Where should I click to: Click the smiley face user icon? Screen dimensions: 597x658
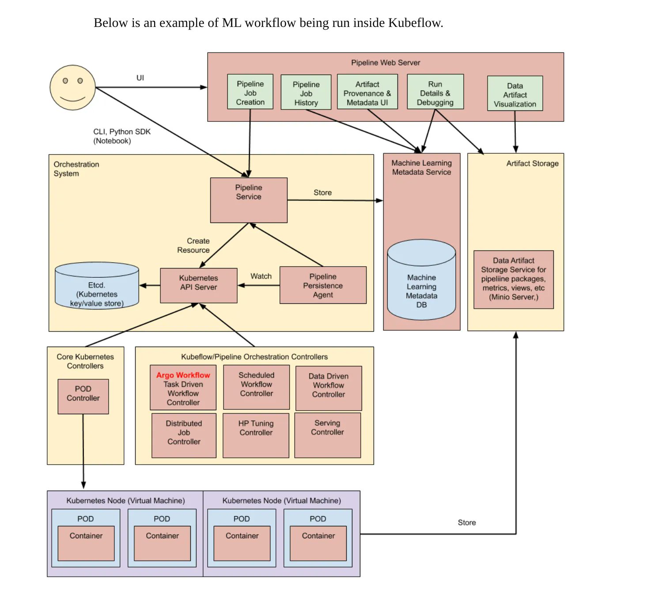72,87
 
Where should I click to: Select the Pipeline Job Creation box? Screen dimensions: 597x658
250,92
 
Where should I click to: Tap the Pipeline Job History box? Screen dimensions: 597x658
306,93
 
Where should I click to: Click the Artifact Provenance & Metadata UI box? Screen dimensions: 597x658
367,92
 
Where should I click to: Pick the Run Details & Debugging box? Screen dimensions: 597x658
435,92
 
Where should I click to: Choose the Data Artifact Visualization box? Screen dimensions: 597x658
514,94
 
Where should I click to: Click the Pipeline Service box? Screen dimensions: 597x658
249,200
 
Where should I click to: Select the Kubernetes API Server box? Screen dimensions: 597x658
198,285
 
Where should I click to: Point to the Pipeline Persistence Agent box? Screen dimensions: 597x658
323,285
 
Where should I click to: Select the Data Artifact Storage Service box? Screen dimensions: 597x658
513,280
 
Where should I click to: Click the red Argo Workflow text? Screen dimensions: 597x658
183,375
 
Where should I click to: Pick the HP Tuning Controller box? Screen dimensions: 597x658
256,435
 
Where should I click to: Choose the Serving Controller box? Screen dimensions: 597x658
327,435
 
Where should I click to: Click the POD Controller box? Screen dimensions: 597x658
83,396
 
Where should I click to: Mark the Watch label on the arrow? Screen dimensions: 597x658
261,276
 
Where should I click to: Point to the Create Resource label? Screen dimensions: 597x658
193,246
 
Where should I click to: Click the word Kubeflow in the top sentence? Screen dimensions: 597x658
415,23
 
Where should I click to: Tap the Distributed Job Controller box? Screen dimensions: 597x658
184,435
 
